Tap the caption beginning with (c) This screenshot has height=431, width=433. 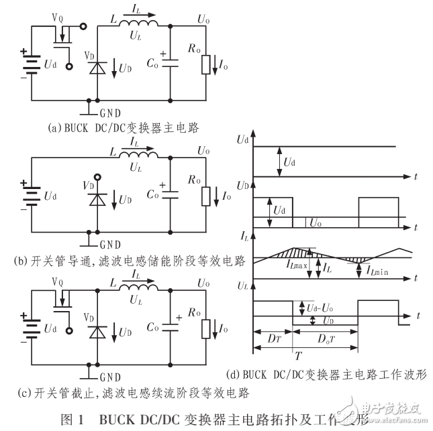[127, 392]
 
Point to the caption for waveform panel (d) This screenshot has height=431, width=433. [331, 373]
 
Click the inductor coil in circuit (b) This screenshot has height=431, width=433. [138, 157]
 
